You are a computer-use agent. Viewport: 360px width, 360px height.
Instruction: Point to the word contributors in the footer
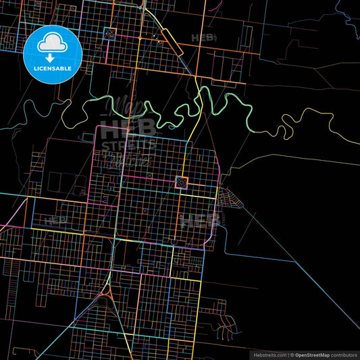click(x=342, y=354)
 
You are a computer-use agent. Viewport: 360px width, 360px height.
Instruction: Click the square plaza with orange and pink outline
click(x=181, y=181)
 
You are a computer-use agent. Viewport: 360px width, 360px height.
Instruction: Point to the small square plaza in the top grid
click(x=160, y=42)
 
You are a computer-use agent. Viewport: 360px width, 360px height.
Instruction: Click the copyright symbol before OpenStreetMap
click(x=291, y=354)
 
